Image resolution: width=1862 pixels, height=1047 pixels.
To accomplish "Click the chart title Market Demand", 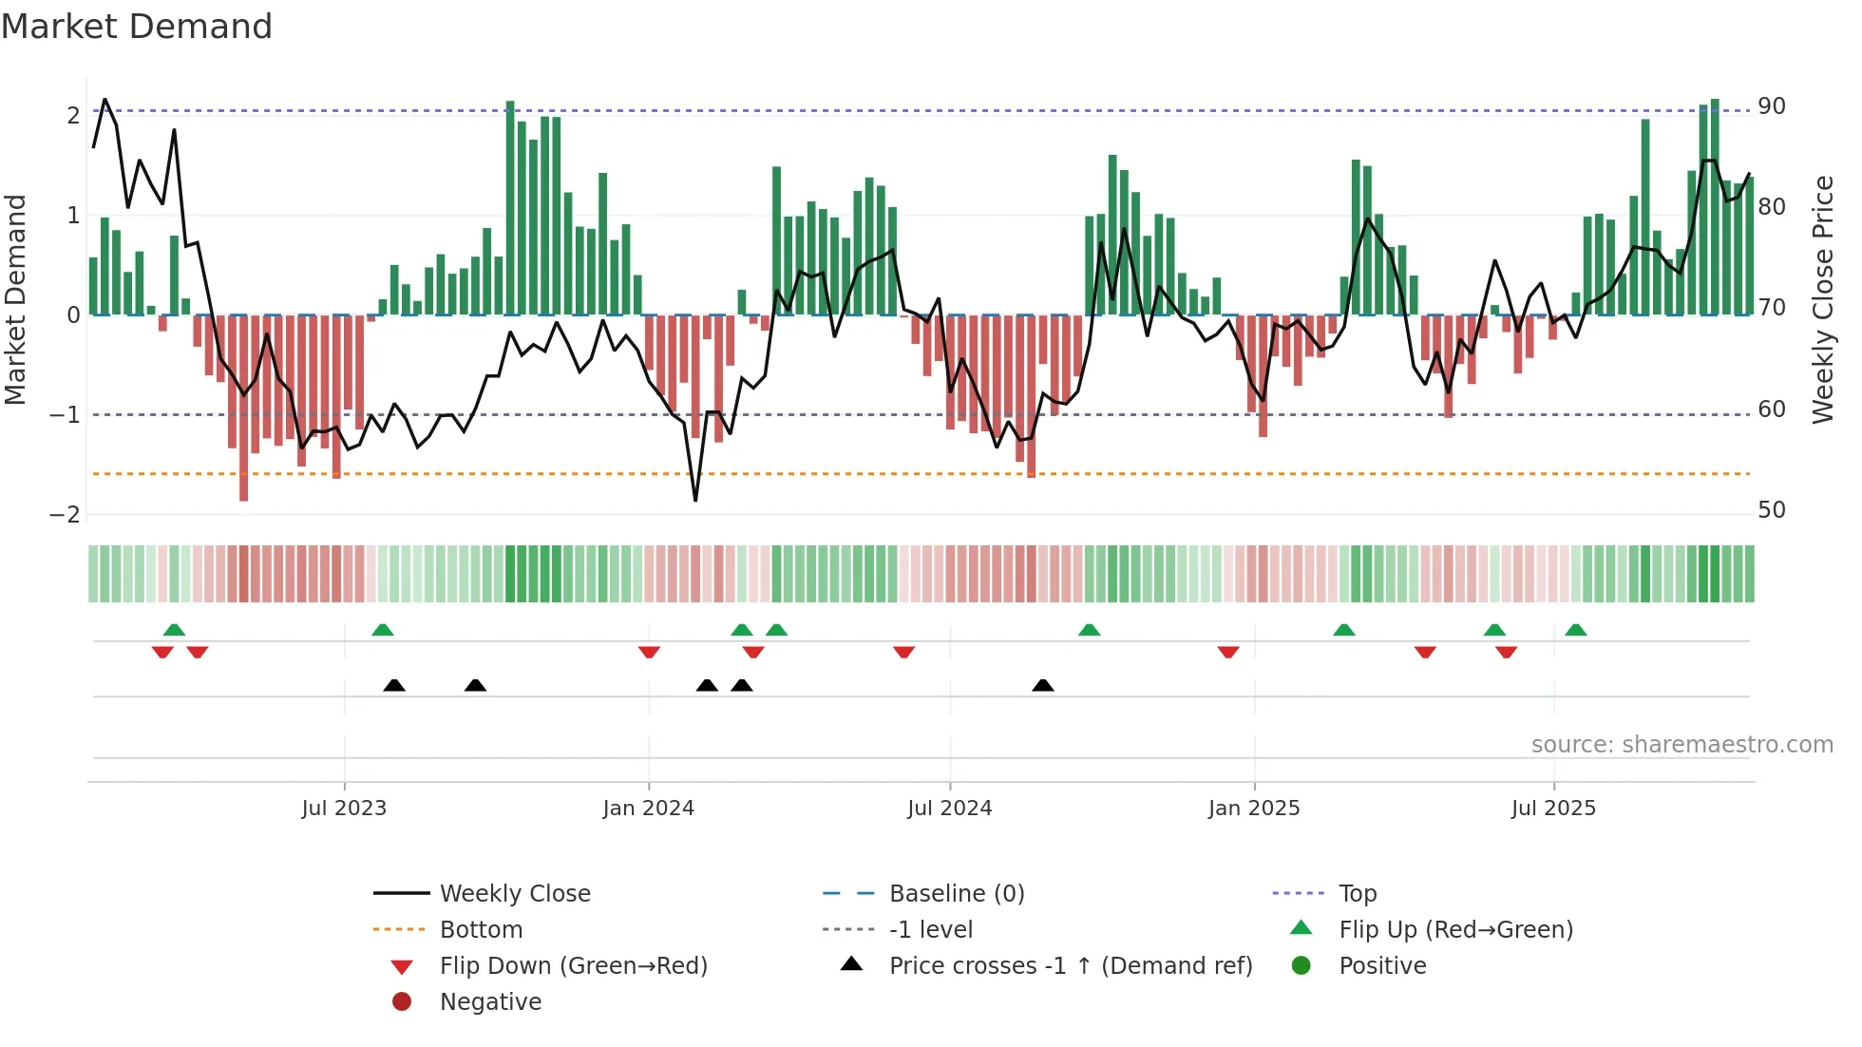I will coord(137,27).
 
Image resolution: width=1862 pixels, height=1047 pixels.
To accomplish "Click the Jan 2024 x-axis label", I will coord(648,809).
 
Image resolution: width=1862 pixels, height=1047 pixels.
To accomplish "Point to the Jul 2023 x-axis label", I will coord(344,809).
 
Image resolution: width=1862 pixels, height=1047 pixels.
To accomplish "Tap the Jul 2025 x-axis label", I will coord(1553,809).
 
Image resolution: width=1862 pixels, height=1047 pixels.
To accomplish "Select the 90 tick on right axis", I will coord(1772,106).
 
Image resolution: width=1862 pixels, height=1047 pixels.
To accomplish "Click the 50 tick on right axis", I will coord(1772,510).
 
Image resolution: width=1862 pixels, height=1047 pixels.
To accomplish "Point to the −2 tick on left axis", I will coord(65,515).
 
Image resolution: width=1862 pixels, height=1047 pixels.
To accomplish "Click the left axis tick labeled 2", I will coord(73,116).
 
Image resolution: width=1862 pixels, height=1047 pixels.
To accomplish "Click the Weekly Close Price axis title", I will coord(1822,299).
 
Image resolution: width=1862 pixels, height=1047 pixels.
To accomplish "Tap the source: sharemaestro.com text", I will coord(1681,745).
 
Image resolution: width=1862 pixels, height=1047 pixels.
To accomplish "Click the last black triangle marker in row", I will coord(1043,685).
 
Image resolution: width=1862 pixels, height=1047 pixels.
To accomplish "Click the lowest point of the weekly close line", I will coord(695,500).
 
